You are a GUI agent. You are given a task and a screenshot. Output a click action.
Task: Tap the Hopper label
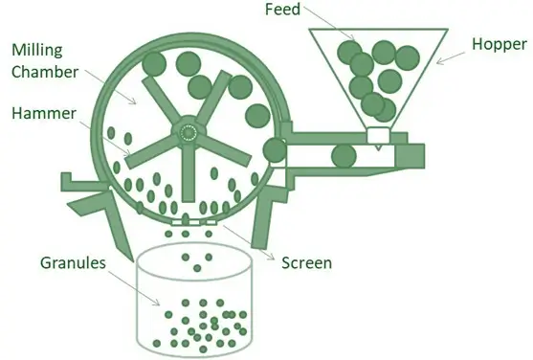tap(499, 45)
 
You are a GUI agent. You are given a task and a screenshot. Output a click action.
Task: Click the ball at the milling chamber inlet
tap(274, 150)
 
